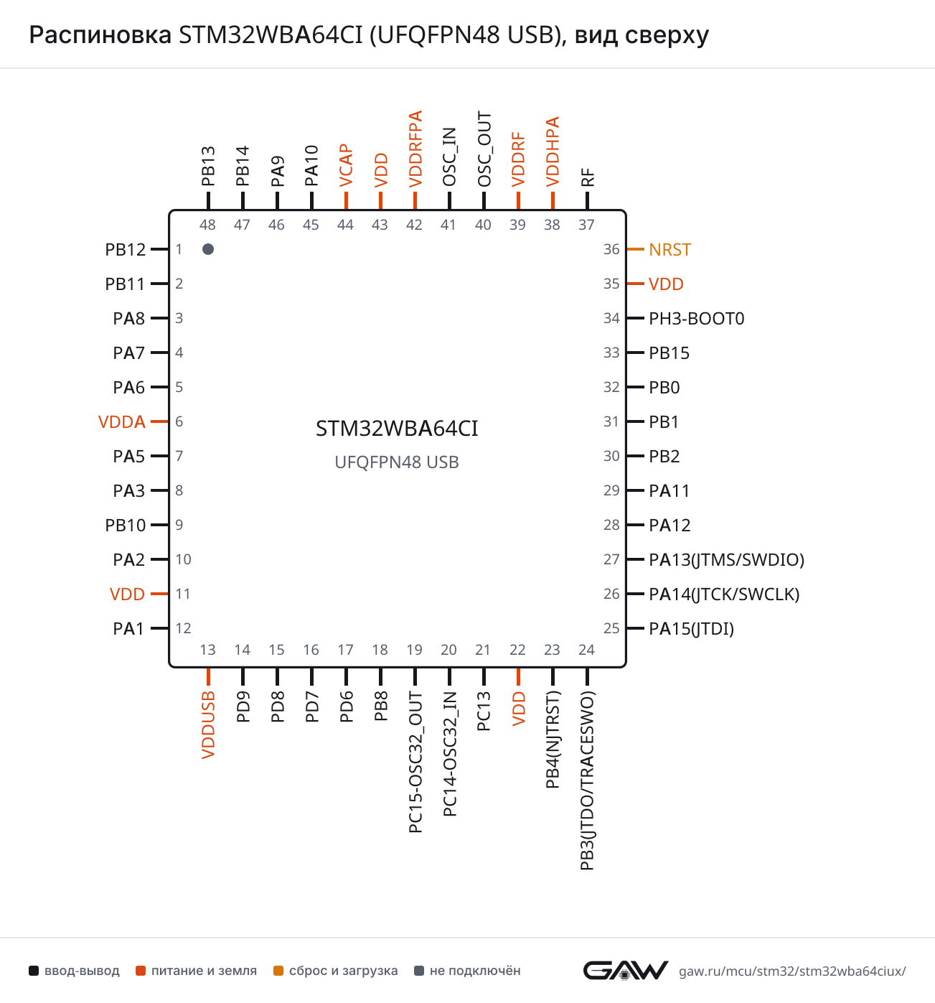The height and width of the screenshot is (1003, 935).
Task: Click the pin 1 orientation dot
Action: click(207, 249)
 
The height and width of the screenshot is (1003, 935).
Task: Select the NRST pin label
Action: click(669, 249)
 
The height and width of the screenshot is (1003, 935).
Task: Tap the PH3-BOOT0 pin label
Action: click(696, 319)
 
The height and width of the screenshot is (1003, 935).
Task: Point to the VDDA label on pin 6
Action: click(122, 421)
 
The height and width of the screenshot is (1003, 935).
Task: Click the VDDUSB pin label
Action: click(208, 724)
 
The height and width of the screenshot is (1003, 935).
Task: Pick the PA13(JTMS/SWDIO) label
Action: click(726, 559)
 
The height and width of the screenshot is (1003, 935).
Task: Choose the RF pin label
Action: click(587, 178)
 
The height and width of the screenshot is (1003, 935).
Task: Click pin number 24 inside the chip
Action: click(586, 650)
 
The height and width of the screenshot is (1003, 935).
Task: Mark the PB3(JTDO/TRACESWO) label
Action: click(587, 780)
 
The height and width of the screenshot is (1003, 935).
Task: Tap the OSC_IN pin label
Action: click(448, 157)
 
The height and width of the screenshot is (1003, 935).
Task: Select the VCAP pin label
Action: click(346, 166)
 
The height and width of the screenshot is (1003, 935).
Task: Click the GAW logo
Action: click(625, 970)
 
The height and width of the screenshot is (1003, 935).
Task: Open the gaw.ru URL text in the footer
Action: click(791, 971)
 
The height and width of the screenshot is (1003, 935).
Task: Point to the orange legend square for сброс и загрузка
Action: click(278, 971)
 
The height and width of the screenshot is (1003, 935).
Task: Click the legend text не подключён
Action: click(474, 971)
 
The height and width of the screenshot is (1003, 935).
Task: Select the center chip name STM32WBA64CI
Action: click(397, 429)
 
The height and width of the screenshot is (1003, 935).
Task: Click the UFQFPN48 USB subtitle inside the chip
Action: click(397, 462)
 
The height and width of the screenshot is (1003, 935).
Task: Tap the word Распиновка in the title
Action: click(100, 35)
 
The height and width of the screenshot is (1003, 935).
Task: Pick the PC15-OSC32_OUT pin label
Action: click(415, 762)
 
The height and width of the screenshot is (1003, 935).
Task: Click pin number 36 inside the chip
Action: click(611, 249)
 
